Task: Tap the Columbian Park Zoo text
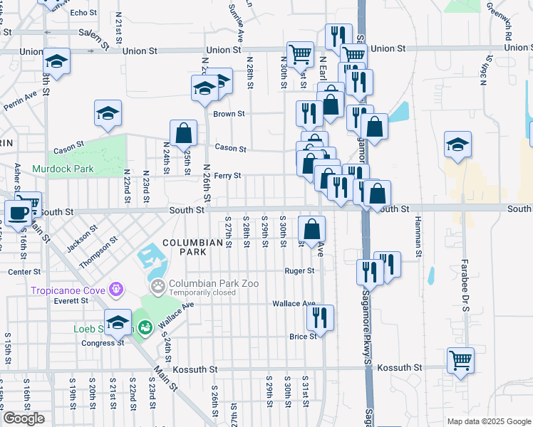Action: pyautogui.click(x=213, y=283)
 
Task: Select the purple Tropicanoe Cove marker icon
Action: pyautogui.click(x=116, y=290)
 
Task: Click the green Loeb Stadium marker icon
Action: pyautogui.click(x=145, y=328)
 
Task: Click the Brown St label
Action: pyautogui.click(x=229, y=113)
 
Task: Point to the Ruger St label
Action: pyautogui.click(x=299, y=271)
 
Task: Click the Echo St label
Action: pyautogui.click(x=83, y=13)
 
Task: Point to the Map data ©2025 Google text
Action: pyautogui.click(x=488, y=421)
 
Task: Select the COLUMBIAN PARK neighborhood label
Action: pyautogui.click(x=192, y=248)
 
